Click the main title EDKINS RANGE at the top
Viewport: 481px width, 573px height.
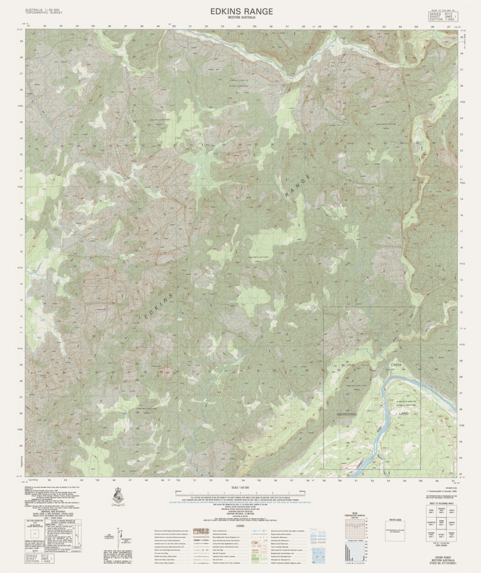click(x=242, y=11)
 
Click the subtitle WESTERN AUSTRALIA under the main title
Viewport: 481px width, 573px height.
click(x=242, y=18)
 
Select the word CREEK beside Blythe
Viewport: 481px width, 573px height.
click(x=396, y=365)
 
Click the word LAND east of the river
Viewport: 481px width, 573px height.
click(x=403, y=414)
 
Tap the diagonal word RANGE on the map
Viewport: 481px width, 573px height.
click(x=298, y=186)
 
